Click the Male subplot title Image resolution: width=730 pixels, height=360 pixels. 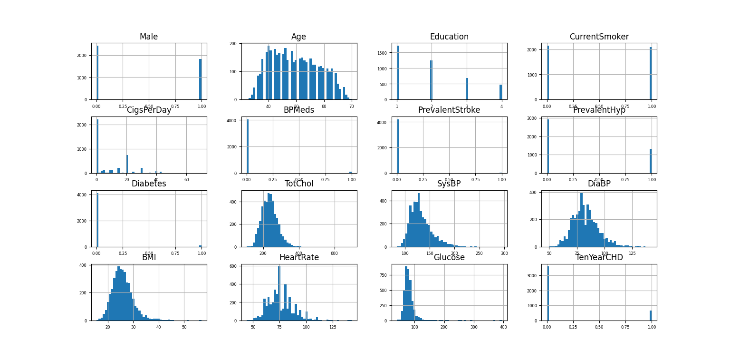[x=149, y=37]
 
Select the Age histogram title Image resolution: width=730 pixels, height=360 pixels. [x=298, y=37]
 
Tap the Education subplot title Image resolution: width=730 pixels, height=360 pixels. [x=449, y=37]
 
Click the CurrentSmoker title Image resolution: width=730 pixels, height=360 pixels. [x=599, y=37]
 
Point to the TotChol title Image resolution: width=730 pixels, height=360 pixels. [x=298, y=184]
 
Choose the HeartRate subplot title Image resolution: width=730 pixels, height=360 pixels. [x=298, y=258]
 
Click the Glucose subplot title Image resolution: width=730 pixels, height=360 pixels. [x=449, y=258]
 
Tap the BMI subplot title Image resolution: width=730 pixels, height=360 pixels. [x=149, y=258]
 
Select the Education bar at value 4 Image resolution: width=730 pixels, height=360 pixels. [x=500, y=92]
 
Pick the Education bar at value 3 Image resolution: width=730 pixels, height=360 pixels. [x=467, y=89]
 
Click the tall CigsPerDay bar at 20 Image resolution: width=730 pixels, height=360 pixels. [x=127, y=164]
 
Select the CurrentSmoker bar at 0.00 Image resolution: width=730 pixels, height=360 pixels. [x=548, y=73]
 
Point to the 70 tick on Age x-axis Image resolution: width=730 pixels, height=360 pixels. [x=351, y=107]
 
